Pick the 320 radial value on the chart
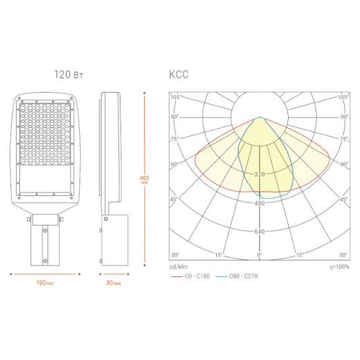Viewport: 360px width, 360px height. tap(260, 174)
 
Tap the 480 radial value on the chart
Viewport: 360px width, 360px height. tap(260, 203)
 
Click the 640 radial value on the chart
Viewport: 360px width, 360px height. tap(260, 231)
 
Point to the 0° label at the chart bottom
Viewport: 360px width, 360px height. tap(260, 255)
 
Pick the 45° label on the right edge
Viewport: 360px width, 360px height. tap(344, 199)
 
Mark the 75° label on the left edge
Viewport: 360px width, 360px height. tap(174, 139)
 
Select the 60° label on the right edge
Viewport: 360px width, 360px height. tap(344, 164)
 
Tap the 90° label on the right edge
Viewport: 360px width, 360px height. tap(344, 117)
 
